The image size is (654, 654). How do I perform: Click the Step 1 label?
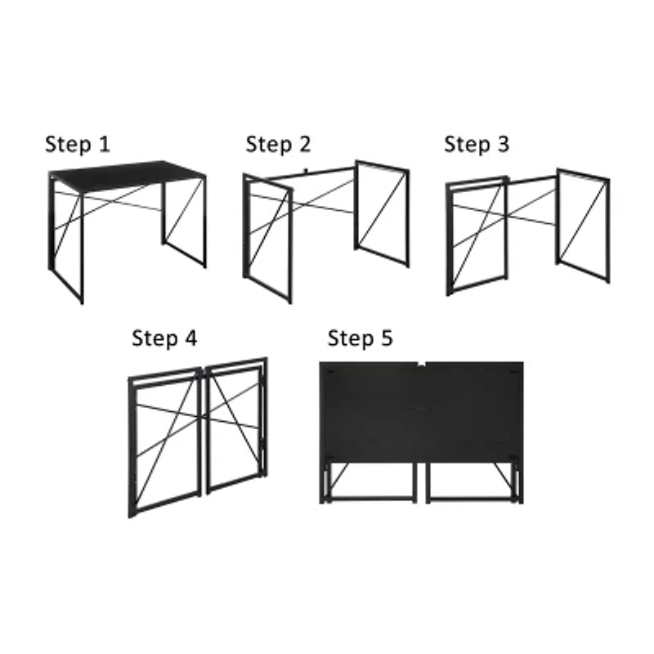pyautogui.click(x=77, y=145)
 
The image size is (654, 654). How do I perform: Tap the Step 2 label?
pyautogui.click(x=278, y=145)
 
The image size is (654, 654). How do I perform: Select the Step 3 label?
pyautogui.click(x=477, y=145)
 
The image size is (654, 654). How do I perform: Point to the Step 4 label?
pyautogui.click(x=164, y=338)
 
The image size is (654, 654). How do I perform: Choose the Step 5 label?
pyautogui.click(x=360, y=338)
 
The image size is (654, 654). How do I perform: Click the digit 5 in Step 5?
pyautogui.click(x=386, y=338)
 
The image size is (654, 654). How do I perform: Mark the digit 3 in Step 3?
pyautogui.click(x=503, y=145)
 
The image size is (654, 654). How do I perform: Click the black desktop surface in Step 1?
pyautogui.click(x=127, y=173)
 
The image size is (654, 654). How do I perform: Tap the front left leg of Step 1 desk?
pyautogui.click(x=81, y=245)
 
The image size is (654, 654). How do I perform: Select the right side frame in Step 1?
pyautogui.click(x=184, y=221)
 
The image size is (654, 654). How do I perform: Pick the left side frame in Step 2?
pyautogui.click(x=267, y=237)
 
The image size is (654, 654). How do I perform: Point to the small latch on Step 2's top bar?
pyautogui.click(x=303, y=171)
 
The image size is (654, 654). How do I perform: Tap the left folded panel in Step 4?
pyautogui.click(x=164, y=441)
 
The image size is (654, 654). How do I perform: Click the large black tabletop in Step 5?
pyautogui.click(x=421, y=409)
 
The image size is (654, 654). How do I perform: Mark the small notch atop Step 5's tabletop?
pyautogui.click(x=420, y=362)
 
